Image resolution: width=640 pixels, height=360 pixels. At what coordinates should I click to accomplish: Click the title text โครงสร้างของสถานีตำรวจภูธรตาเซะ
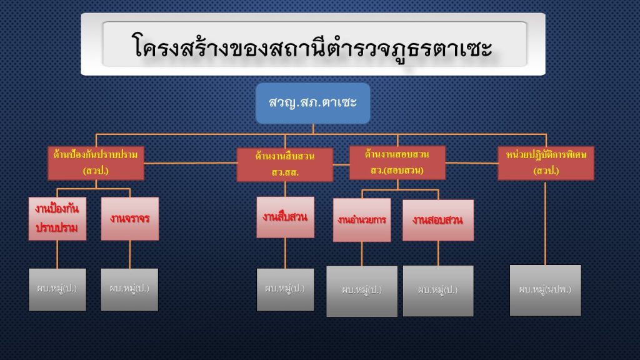[312, 47]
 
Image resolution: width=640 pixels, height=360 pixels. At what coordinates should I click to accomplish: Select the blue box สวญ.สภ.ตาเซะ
[312, 102]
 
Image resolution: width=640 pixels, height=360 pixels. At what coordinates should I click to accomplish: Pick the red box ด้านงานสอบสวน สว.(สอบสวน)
[397, 162]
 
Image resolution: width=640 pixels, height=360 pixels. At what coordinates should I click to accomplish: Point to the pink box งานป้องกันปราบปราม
[57, 219]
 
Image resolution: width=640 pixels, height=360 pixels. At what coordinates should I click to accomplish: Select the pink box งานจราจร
[130, 219]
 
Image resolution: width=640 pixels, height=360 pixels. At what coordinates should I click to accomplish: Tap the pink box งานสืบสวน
[285, 217]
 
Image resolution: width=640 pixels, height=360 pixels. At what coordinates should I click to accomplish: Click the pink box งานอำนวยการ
[362, 220]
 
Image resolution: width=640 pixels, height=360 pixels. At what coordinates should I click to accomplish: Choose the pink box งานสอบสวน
[438, 220]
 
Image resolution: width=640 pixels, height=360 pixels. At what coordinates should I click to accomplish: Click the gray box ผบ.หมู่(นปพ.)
[545, 290]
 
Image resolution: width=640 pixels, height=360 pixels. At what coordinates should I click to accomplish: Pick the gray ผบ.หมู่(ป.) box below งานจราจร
[130, 289]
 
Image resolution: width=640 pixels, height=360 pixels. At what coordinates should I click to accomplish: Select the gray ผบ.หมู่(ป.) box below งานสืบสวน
[285, 289]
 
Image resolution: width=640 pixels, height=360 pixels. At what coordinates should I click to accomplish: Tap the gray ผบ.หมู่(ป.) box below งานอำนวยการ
[362, 291]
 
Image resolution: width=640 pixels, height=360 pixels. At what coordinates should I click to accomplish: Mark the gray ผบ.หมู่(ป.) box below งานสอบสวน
[438, 291]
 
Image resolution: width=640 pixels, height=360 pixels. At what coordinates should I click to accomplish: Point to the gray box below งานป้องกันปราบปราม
[57, 289]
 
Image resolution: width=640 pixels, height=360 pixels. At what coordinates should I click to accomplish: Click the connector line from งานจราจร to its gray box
[130, 254]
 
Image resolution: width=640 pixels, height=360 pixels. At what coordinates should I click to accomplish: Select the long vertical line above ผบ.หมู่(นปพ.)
[546, 222]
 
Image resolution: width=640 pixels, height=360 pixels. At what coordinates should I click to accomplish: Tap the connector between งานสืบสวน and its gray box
[285, 253]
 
